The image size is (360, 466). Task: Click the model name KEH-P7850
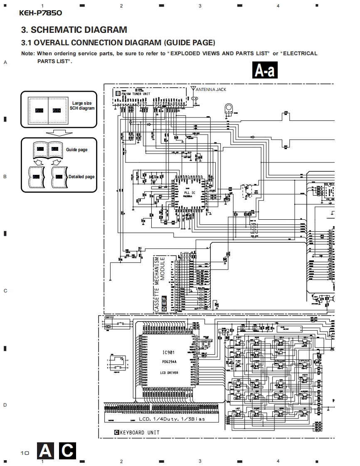[40, 13]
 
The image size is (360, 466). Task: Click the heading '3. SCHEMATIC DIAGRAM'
[74, 30]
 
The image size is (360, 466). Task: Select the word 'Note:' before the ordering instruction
[28, 54]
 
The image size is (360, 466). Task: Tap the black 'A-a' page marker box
[265, 71]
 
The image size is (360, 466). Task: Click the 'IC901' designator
[168, 353]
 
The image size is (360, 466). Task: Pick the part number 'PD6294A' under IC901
[170, 362]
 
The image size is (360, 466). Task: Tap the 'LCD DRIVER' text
[169, 373]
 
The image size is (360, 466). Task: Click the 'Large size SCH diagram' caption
[82, 105]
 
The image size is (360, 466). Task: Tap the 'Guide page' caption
[77, 150]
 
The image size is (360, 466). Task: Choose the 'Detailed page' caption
[81, 177]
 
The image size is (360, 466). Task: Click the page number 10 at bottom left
[25, 453]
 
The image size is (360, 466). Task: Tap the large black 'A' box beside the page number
[46, 451]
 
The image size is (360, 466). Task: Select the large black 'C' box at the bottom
[67, 451]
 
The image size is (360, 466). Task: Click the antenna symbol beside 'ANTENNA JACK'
[193, 89]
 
